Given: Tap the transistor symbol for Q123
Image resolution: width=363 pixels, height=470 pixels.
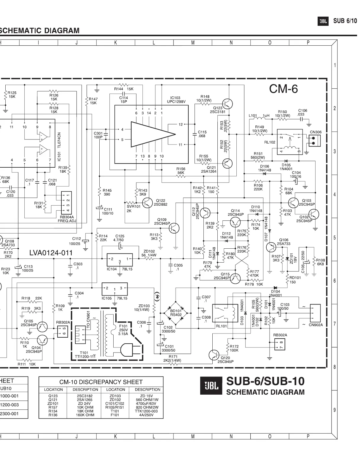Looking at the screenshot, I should tap(227, 104).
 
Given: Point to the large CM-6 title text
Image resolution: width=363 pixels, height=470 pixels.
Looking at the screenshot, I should tap(283, 89).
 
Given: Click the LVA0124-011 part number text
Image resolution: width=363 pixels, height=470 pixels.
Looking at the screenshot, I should tap(51, 253).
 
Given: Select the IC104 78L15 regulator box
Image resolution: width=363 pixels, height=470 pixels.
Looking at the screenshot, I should tap(120, 260).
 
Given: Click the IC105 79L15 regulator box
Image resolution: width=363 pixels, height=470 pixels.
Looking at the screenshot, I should tap(114, 288).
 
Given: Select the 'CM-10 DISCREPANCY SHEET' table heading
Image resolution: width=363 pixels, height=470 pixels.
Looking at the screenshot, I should tap(101, 382).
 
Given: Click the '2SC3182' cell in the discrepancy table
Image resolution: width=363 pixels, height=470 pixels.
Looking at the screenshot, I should tap(85, 396).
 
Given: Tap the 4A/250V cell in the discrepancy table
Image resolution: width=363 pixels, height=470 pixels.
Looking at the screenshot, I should tap(147, 415).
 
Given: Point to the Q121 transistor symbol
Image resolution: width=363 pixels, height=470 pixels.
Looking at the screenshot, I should tap(227, 163).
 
